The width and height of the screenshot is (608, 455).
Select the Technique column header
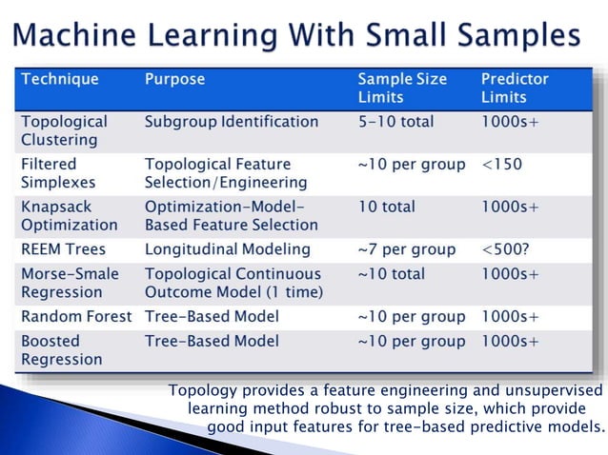click(59, 80)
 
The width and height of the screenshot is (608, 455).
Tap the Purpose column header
click(174, 80)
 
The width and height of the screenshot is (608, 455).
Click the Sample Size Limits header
click(401, 89)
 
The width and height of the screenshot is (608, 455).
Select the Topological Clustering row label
click(64, 130)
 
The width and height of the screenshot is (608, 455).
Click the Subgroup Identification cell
click(232, 122)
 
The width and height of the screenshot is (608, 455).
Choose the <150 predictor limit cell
click(501, 164)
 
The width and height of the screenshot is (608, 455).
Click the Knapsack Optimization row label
click(70, 215)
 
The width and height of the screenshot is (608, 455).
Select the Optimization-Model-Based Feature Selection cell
click(231, 215)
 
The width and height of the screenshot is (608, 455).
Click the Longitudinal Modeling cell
click(228, 249)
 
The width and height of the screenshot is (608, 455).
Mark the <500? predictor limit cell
click(505, 249)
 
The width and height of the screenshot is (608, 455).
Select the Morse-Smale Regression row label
click(70, 283)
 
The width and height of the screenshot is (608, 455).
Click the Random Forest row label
click(76, 316)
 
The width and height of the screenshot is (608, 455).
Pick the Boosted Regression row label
click(61, 349)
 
